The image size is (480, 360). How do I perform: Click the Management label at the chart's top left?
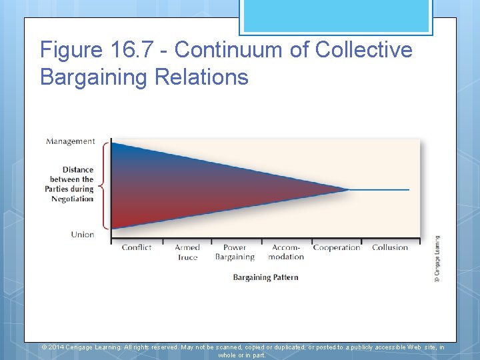71,141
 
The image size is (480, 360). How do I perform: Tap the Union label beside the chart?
83,234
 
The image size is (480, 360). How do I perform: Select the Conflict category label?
137,247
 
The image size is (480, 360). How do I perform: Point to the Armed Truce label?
187,252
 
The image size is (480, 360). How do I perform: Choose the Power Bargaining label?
235,252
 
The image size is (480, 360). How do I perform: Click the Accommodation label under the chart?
287,252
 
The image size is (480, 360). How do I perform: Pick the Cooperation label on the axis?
337,247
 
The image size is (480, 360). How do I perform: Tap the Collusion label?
390,247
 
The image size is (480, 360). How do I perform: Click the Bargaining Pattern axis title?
265,277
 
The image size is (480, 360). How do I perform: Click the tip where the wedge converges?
348,190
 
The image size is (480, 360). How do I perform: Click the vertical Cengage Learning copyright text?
437,258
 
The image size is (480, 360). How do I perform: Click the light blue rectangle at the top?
335,15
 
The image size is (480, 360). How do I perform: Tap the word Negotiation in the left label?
73,199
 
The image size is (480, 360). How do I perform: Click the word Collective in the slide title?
364,51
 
